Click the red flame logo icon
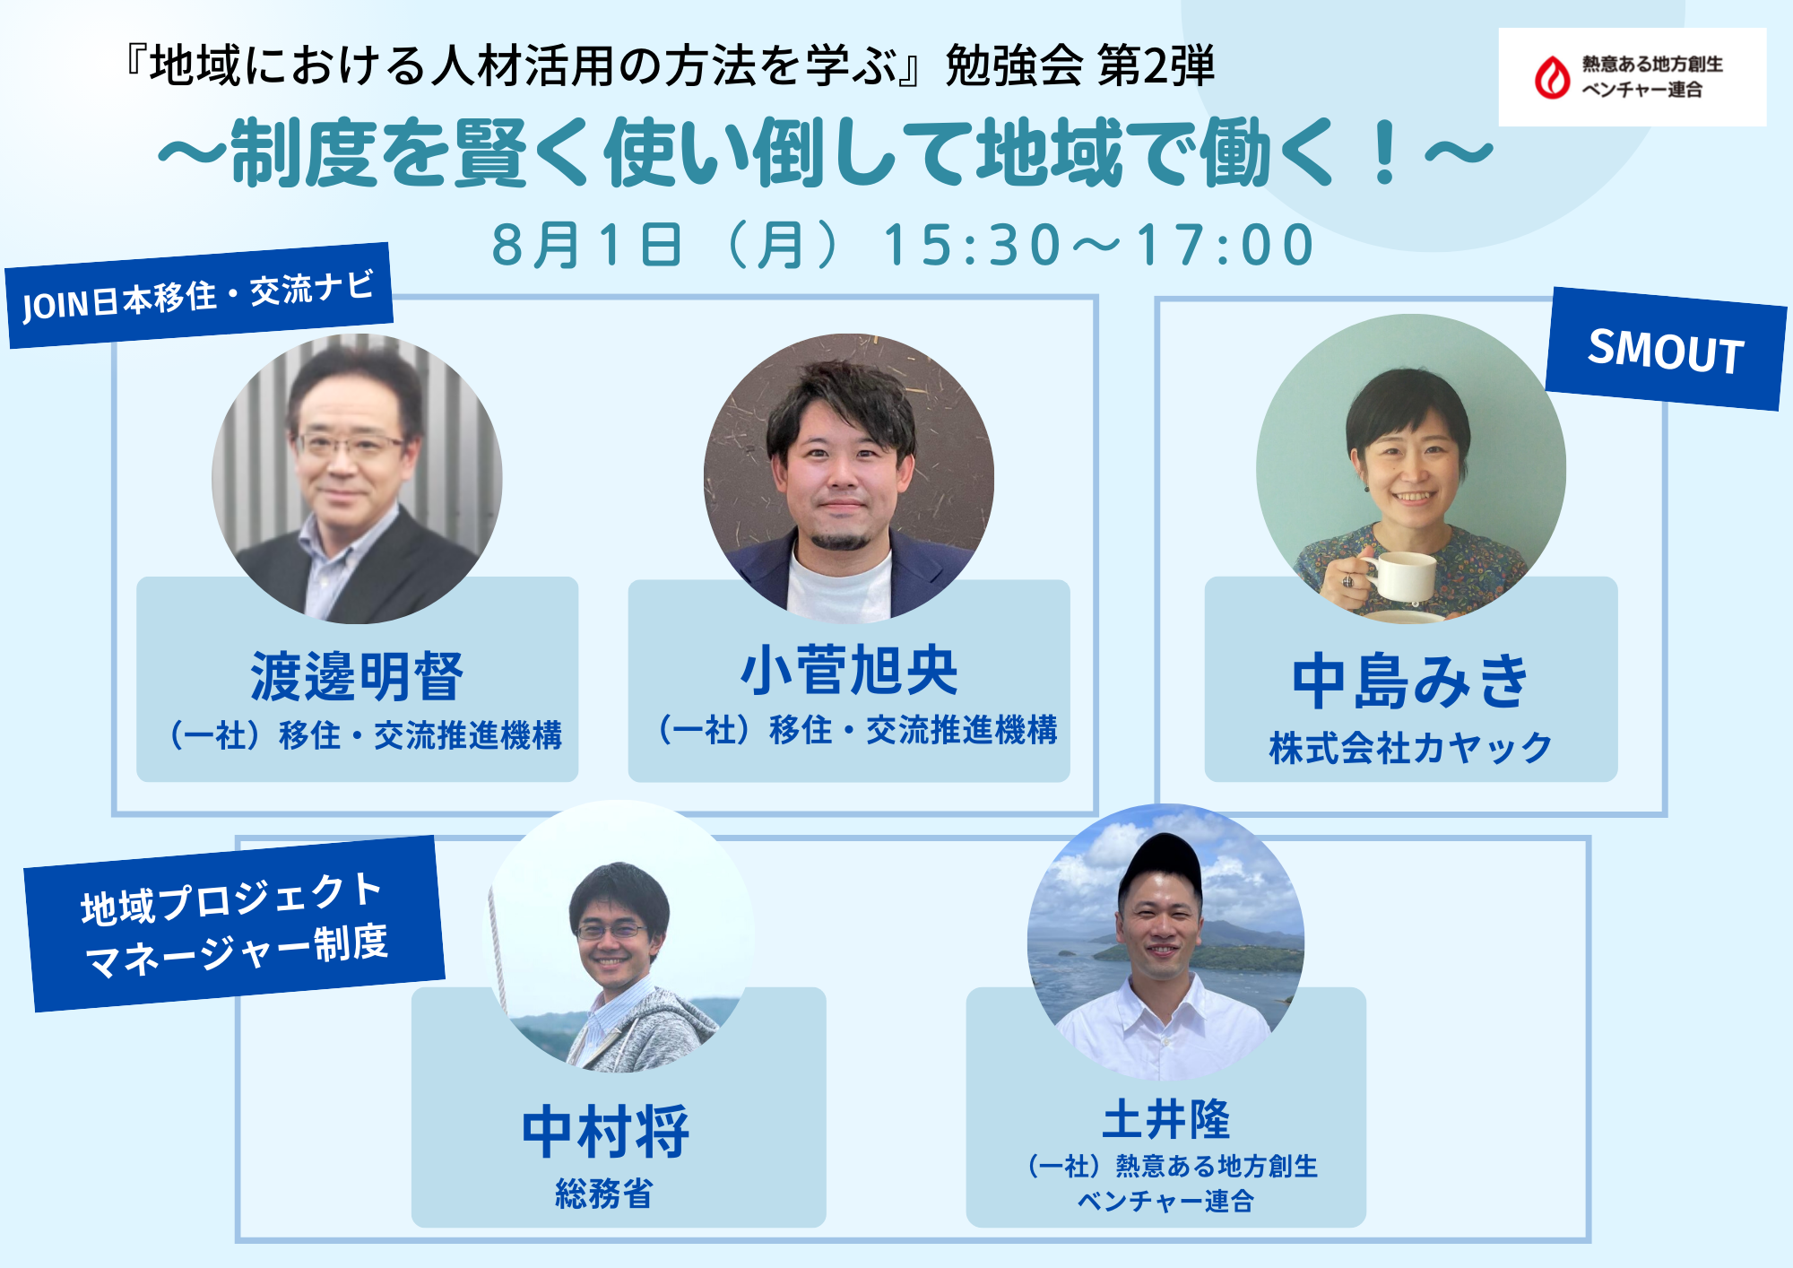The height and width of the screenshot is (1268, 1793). [1552, 77]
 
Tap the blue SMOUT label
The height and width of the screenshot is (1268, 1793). [1666, 349]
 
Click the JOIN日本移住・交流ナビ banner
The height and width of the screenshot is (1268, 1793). [199, 295]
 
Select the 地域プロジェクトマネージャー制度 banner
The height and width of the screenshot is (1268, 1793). [235, 924]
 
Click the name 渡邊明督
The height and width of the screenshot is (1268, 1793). [357, 677]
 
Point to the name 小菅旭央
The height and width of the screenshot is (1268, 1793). [849, 671]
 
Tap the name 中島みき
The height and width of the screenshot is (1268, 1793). [1410, 682]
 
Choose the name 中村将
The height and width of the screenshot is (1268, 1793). [606, 1133]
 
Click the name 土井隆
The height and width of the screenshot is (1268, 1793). [1165, 1118]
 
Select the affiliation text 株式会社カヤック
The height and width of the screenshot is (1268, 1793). [1410, 748]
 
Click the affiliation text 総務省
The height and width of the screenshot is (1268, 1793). [604, 1194]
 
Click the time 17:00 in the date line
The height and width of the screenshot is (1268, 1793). [1226, 245]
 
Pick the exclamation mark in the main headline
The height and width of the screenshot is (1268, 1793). [1385, 154]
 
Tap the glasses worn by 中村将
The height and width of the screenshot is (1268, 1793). [613, 931]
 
